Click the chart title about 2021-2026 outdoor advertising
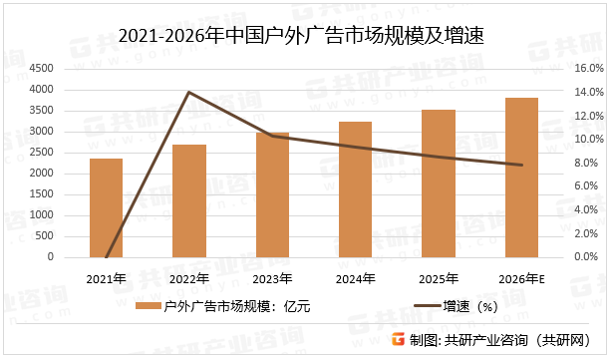[x=306, y=37]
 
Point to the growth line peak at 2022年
[x=188, y=92]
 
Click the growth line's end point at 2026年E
[x=521, y=165]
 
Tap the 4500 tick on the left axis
[x=41, y=69]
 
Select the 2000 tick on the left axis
[x=41, y=174]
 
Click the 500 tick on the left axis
[x=46, y=236]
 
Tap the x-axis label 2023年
[x=272, y=278]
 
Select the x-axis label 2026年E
[x=521, y=278]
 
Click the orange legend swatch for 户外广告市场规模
[x=149, y=306]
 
